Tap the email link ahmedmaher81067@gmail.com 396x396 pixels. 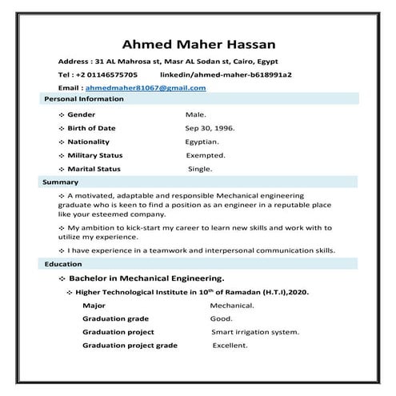pos(146,87)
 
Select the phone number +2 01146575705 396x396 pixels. pos(114,74)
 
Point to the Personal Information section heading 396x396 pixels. pos(83,99)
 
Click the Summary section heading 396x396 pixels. pos(61,182)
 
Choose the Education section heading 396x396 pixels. pos(63,264)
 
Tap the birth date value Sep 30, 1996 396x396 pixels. pos(210,128)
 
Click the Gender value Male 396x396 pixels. pos(196,114)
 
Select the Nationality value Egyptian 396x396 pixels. pos(202,142)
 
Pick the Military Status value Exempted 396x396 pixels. pos(206,155)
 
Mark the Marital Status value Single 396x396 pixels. pos(200,169)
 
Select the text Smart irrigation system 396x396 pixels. pos(255,332)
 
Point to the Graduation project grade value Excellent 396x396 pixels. pos(230,346)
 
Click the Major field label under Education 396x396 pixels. pos(94,306)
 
